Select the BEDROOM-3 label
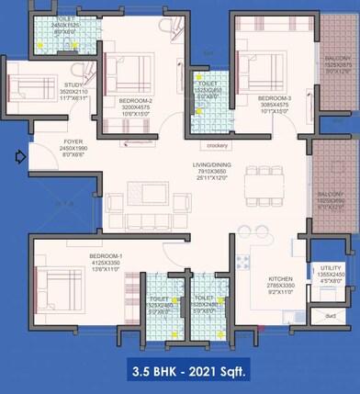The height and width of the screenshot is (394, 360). [274, 97]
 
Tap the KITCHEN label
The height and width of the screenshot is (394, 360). [280, 278]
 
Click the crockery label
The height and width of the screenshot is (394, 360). [218, 145]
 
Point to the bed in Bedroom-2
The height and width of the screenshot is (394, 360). [128, 73]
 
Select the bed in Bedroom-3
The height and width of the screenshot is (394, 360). [261, 68]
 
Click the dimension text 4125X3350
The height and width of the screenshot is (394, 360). [107, 263]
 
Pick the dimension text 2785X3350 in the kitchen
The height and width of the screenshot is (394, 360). [280, 287]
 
